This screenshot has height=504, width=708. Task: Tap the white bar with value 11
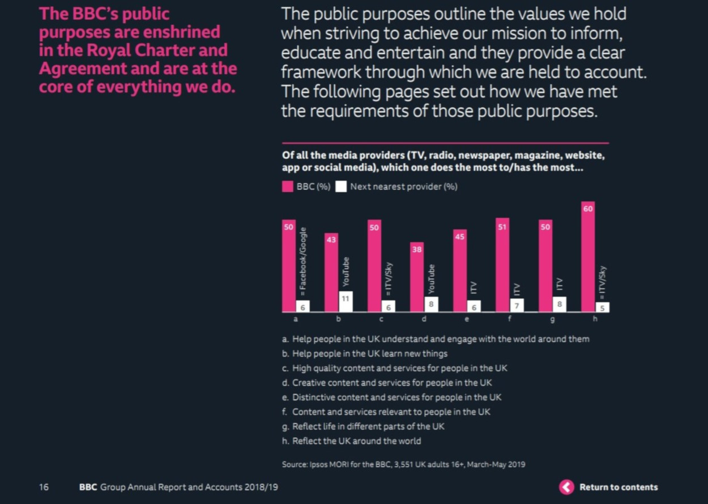pos(346,301)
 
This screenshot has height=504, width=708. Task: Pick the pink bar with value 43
pos(331,272)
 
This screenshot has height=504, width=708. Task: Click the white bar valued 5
pos(603,307)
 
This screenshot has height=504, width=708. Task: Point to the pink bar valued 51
pos(502,265)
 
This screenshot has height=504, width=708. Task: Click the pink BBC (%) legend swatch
pos(288,187)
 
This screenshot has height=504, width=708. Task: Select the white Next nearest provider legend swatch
pos(341,187)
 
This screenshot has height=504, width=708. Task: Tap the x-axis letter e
pos(467,319)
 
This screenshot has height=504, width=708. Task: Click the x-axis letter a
pos(296,319)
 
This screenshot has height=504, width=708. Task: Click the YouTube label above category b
pos(346,272)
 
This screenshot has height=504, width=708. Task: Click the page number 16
pos(44,487)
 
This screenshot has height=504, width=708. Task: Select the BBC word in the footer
pos(88,487)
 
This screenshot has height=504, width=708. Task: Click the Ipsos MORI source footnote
pos(403,464)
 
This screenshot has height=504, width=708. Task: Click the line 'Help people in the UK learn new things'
pos(365,353)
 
